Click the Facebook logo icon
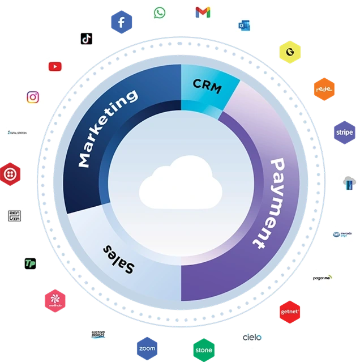coord(121,23)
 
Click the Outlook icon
coord(244,25)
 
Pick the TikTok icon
coord(87,39)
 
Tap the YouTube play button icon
coord(55,66)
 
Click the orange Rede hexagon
coord(324,90)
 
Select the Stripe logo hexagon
coord(344,133)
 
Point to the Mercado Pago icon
coord(342,234)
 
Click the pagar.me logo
coord(323,278)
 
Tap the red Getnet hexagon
coord(290,312)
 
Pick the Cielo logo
coord(252,337)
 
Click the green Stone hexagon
coord(204,350)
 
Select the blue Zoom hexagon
coord(147,348)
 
